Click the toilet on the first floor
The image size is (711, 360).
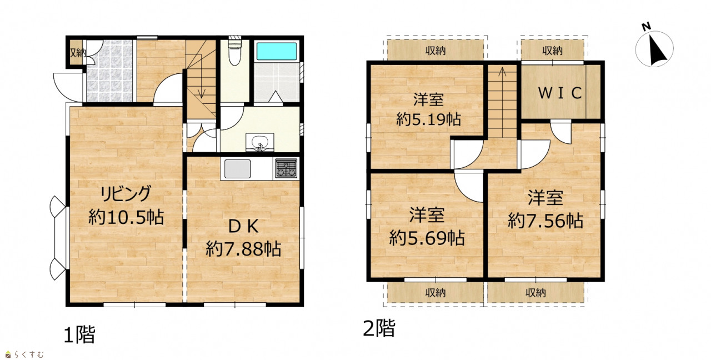(x=235, y=52)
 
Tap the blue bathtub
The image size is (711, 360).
(x=277, y=51)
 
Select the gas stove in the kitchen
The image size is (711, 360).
(x=286, y=168)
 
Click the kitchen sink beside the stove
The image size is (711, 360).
(x=237, y=169)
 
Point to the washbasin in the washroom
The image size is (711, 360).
(x=259, y=143)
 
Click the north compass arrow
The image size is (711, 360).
(x=656, y=51)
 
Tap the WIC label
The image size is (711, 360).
(x=560, y=93)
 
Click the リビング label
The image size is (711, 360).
(x=126, y=194)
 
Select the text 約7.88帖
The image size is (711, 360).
(x=243, y=248)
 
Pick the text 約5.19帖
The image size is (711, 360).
(x=428, y=119)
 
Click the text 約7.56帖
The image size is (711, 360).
(x=545, y=221)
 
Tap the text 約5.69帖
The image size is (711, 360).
(x=427, y=238)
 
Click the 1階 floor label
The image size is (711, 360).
(x=79, y=334)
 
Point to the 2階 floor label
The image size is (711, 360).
(x=379, y=328)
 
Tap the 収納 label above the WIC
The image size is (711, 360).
(x=552, y=51)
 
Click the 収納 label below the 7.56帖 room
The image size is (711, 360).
(x=535, y=293)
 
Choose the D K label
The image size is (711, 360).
(x=243, y=227)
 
